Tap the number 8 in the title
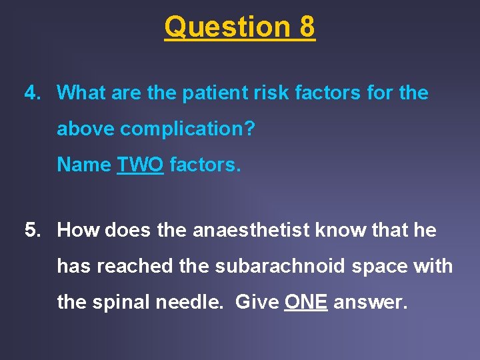pyautogui.click(x=307, y=27)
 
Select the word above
pyautogui.click(x=85, y=129)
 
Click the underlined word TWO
pyautogui.click(x=140, y=164)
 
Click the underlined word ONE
pyautogui.click(x=306, y=302)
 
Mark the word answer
pyautogui.click(x=369, y=302)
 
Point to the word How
pyautogui.click(x=78, y=231)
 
